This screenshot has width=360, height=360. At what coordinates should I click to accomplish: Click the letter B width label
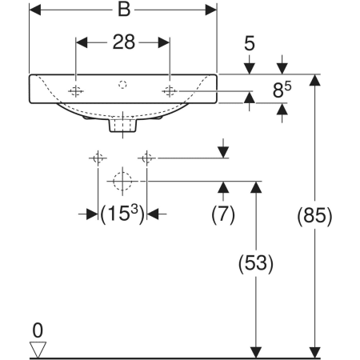pyautogui.click(x=124, y=10)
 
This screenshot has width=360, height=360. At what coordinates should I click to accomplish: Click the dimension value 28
pyautogui.click(x=124, y=42)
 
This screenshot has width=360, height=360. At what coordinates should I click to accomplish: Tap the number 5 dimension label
pyautogui.click(x=250, y=44)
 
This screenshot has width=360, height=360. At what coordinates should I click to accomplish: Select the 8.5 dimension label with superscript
pyautogui.click(x=282, y=90)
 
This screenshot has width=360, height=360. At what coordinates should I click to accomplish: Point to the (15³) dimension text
pyautogui.click(x=122, y=214)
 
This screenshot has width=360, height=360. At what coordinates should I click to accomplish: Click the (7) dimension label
pyautogui.click(x=223, y=214)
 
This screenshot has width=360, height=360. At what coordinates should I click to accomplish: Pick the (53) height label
pyautogui.click(x=256, y=263)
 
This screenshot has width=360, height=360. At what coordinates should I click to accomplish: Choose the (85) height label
pyautogui.click(x=314, y=215)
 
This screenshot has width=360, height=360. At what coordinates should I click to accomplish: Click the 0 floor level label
pyautogui.click(x=38, y=330)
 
